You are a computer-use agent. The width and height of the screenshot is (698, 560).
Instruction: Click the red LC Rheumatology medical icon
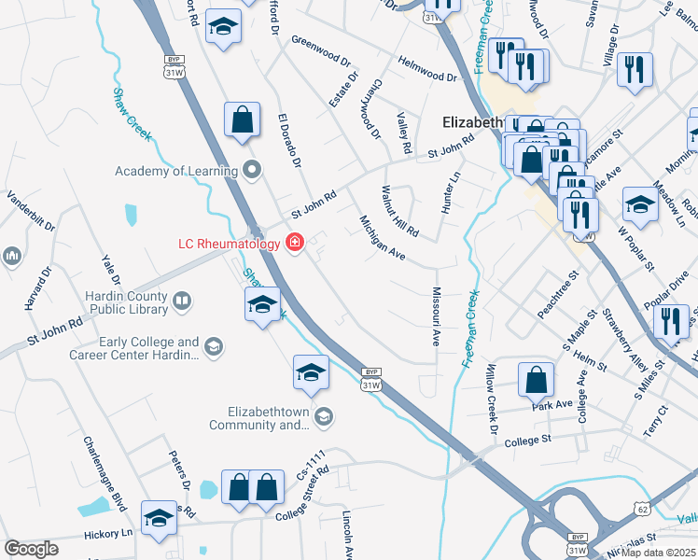coord(295,244)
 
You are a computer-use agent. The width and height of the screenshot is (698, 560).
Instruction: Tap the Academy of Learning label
coord(176,170)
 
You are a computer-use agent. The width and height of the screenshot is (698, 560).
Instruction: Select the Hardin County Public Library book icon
coord(182,301)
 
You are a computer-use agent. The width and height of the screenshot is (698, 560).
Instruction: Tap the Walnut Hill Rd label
coord(399,211)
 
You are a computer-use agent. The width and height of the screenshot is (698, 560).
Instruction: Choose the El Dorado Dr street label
coord(290,141)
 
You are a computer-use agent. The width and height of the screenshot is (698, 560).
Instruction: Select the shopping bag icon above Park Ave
coord(536,379)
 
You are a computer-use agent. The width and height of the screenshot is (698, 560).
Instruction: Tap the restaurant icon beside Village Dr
coord(635,68)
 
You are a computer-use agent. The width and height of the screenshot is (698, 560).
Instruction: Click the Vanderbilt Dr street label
coord(32,213)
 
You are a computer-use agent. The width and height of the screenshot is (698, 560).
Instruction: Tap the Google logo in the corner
coord(31,549)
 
